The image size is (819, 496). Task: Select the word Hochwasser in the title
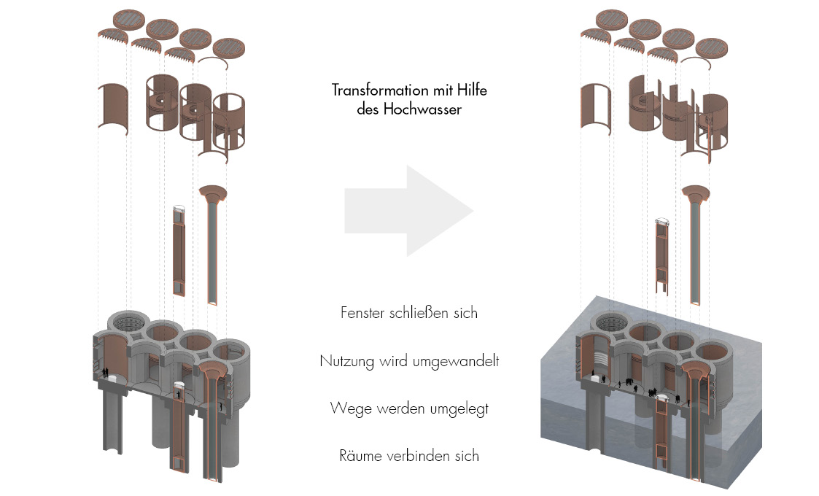(x=425, y=111)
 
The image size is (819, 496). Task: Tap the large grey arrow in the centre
(x=408, y=211)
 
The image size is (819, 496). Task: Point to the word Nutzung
(x=346, y=361)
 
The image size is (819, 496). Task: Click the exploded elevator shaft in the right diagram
(x=662, y=255)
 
